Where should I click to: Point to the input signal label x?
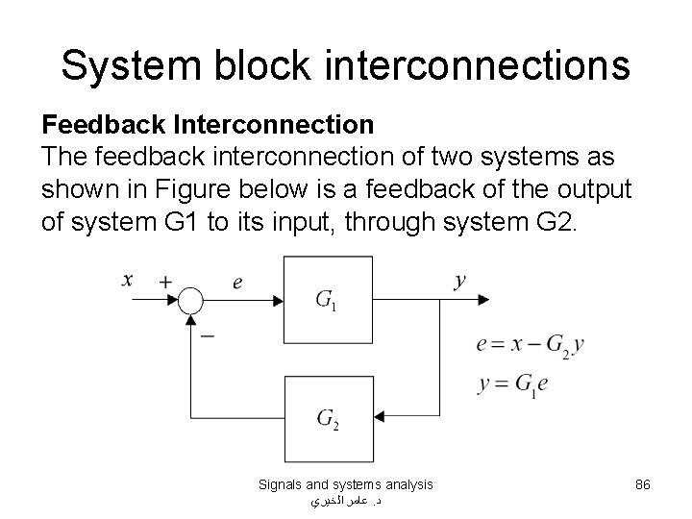128,280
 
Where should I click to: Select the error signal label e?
237,282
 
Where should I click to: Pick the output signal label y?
460,281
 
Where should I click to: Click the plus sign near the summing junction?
165,282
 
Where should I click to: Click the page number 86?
643,485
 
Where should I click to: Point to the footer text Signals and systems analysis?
346,485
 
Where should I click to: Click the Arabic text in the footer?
346,502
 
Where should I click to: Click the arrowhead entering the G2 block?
378,416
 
